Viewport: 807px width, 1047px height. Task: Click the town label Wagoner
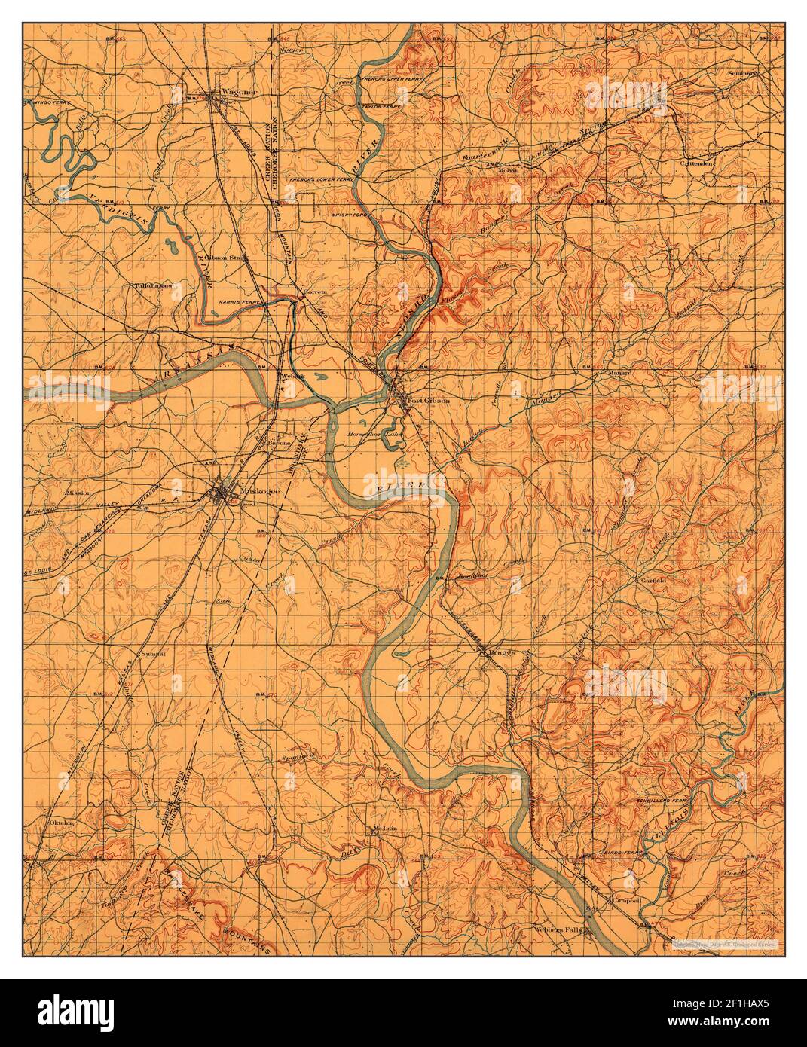tap(234, 93)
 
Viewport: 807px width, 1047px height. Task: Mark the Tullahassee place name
tap(154, 286)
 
